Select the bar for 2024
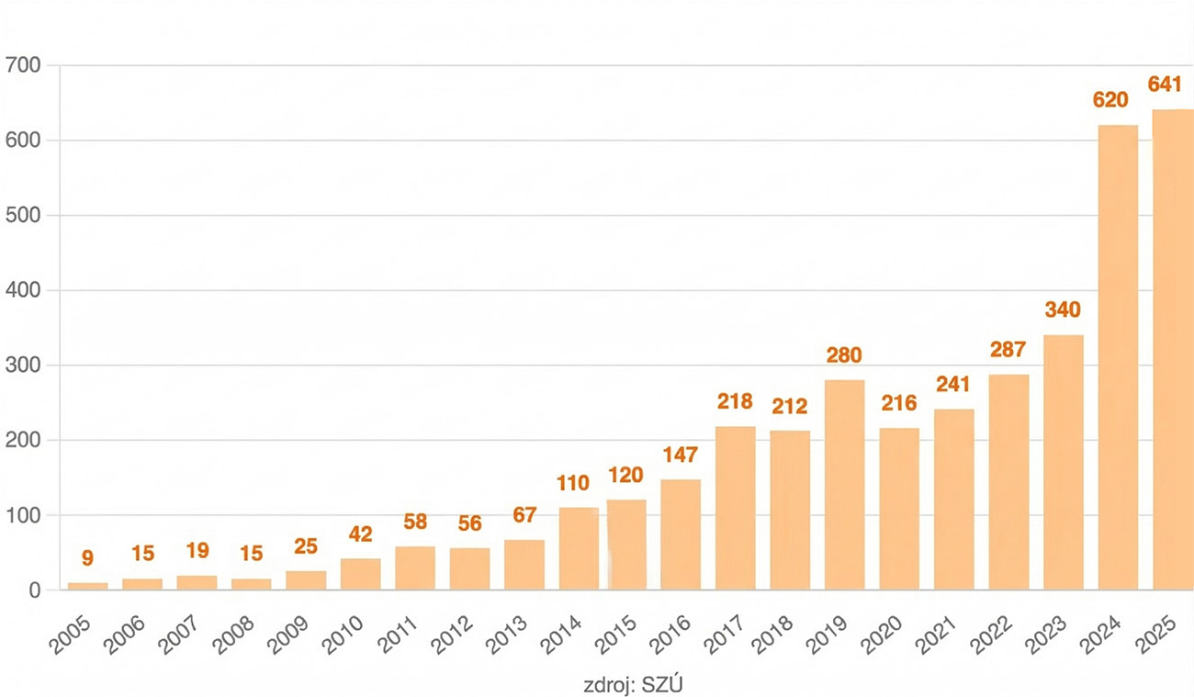tap(1118, 358)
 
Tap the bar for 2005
tap(87, 586)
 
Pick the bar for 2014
tap(579, 548)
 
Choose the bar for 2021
tap(954, 500)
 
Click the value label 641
tap(1171, 84)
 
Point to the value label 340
tap(1064, 309)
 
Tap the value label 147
tap(681, 455)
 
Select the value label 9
tap(88, 557)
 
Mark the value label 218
tap(735, 401)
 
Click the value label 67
tap(524, 514)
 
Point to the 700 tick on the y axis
tap(23, 65)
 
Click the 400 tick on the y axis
tap(23, 290)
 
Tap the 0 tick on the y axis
tap(35, 590)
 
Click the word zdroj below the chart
tap(605, 684)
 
